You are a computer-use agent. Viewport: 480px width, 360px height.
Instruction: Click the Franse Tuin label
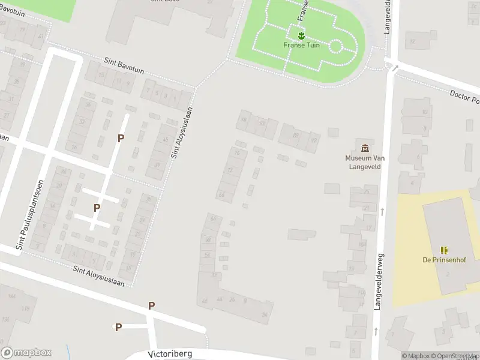point(301,45)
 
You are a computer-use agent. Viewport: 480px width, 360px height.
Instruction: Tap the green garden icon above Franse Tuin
point(301,35)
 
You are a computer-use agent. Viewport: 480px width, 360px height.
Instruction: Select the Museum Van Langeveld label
point(365,162)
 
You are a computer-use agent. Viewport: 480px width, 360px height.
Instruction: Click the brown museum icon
point(365,148)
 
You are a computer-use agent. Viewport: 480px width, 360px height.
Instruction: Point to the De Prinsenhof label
point(443,260)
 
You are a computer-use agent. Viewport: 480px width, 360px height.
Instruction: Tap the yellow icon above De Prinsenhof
point(444,250)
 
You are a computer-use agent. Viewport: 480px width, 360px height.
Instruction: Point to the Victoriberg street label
point(170,354)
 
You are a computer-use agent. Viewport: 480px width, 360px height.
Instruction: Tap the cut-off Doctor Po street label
point(465,98)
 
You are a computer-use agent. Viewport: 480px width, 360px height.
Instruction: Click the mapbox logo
point(26,353)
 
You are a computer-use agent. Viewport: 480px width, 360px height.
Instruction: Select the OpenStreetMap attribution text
point(455,356)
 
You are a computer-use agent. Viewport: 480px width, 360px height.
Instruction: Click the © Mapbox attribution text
point(415,356)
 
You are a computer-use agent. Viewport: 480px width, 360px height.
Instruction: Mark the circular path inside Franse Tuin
point(336,46)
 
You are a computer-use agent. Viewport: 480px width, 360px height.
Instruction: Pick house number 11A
point(361,292)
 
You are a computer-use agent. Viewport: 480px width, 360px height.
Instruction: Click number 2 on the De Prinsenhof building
point(448,274)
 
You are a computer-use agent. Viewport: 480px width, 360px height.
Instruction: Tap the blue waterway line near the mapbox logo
point(68,351)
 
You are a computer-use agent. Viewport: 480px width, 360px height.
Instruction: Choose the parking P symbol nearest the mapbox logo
point(119,327)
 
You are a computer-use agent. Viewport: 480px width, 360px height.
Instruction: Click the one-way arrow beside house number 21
point(382,211)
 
